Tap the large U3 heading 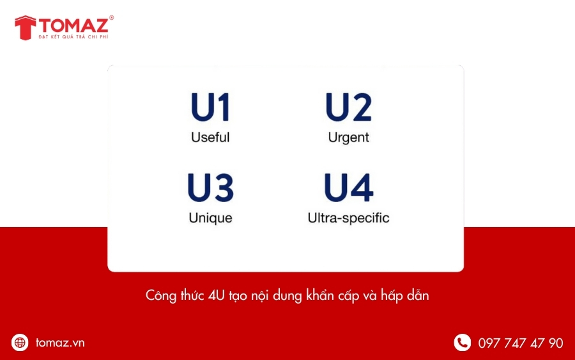[x=210, y=187]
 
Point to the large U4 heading [x=348, y=187]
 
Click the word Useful [x=210, y=137]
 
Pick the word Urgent [x=348, y=137]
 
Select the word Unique [x=210, y=218]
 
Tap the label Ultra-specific [x=348, y=218]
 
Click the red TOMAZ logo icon [x=25, y=27]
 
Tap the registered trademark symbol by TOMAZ [x=112, y=18]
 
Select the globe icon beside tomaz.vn [x=20, y=343]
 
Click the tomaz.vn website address [x=60, y=343]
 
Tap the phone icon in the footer [x=462, y=343]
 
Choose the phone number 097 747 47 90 [x=521, y=343]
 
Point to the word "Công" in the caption [x=160, y=297]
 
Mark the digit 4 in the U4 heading [x=361, y=187]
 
